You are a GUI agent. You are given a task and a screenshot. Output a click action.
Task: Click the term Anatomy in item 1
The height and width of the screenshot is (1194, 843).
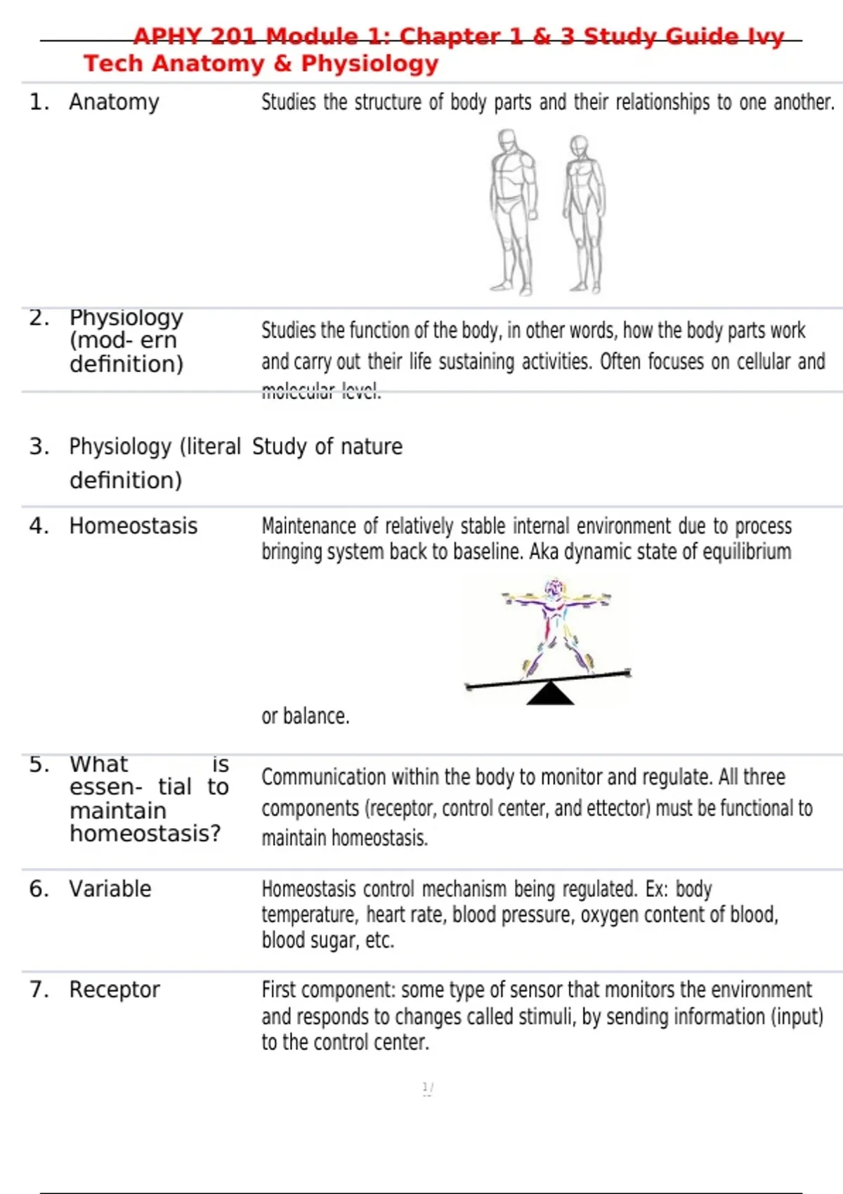(x=114, y=103)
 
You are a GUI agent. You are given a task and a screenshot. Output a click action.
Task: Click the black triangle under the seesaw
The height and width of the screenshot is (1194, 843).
(x=550, y=694)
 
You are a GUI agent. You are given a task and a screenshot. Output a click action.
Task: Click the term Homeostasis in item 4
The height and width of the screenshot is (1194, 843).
(x=133, y=526)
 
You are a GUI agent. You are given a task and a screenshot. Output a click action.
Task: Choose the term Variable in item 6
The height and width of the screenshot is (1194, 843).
(x=110, y=889)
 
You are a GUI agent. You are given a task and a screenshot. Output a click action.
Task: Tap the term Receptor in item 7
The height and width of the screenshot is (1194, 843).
(x=114, y=990)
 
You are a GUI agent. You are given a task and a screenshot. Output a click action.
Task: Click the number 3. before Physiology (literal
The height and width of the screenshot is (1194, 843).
(x=39, y=447)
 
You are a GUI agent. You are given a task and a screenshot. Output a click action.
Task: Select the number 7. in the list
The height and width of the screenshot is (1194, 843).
(x=39, y=990)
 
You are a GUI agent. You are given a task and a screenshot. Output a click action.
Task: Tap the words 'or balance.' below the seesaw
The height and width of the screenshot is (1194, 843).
(x=305, y=716)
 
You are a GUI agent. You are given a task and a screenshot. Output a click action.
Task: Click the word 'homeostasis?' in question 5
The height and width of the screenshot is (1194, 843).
(x=145, y=834)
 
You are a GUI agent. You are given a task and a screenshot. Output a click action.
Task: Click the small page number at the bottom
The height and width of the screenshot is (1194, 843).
(x=427, y=1089)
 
